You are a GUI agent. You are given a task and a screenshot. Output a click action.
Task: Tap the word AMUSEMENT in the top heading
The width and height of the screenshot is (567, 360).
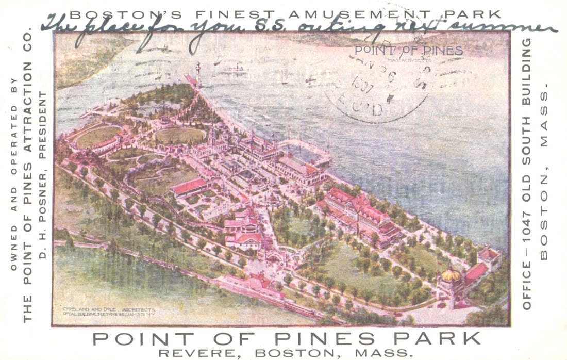coord(345,14)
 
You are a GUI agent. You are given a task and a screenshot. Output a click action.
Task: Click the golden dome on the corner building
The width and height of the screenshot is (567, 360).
coord(451,275)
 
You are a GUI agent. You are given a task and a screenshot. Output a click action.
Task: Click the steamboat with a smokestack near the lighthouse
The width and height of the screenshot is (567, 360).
coord(235,68)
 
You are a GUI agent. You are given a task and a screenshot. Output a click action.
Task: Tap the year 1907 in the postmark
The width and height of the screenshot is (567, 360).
coord(364,82)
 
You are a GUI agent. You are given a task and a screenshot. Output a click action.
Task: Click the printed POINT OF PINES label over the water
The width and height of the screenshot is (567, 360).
coord(408,51)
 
